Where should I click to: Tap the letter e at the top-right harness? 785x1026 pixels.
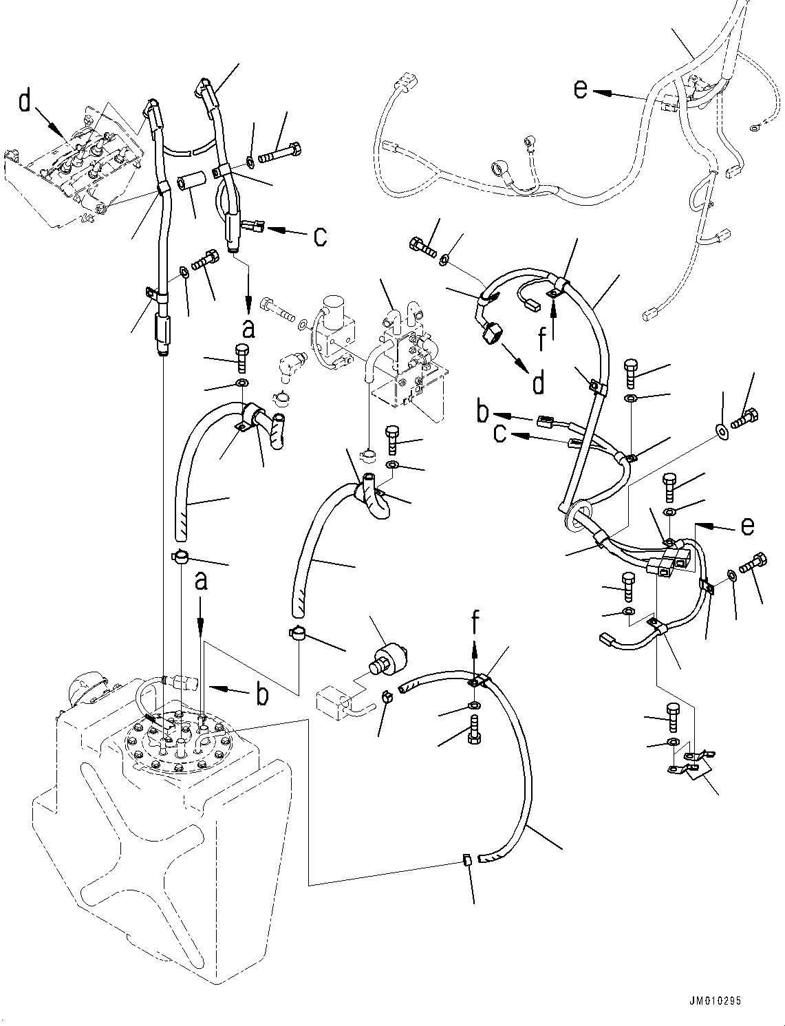point(581,89)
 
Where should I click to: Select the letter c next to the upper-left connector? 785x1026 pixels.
point(321,235)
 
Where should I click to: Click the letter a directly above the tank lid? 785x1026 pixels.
point(200,582)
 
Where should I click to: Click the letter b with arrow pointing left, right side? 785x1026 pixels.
point(483,412)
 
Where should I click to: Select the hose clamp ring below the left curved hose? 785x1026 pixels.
point(181,556)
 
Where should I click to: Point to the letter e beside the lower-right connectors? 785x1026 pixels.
point(747,526)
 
